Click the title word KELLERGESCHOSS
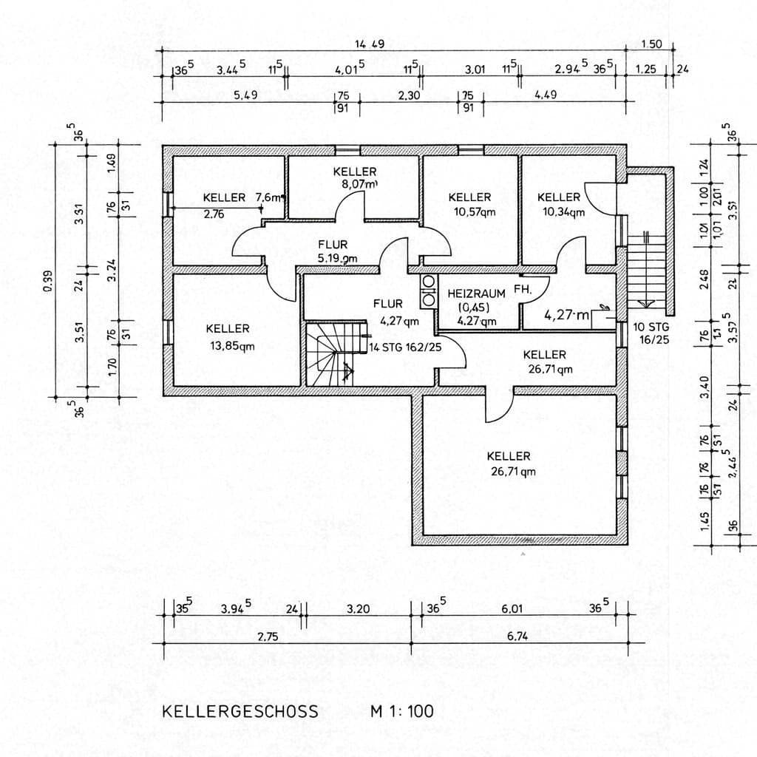point(240,712)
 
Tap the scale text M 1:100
point(402,712)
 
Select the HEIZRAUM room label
point(476,293)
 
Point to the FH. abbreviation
point(523,291)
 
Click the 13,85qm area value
point(228,346)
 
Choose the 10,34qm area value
point(563,211)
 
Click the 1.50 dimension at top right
point(651,45)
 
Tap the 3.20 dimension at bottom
point(357,609)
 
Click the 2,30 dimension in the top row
point(409,95)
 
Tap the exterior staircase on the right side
point(646,269)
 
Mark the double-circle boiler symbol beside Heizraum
point(428,291)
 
